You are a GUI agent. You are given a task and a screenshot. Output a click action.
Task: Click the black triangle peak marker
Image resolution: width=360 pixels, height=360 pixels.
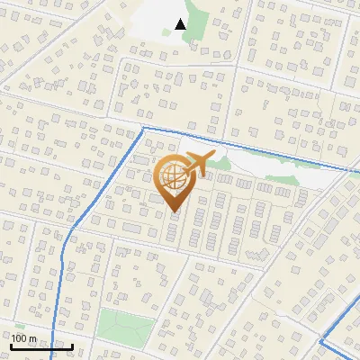click(x=181, y=24)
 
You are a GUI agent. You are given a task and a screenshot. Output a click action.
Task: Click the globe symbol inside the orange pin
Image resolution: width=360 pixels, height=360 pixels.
click(x=174, y=178)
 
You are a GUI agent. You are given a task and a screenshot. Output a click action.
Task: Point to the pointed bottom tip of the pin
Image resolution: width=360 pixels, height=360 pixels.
click(x=175, y=211)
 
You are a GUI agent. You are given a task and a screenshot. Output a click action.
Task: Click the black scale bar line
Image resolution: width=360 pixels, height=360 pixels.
click(x=42, y=346)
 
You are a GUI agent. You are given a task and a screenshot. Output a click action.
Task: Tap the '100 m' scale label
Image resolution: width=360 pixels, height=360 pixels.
click(x=24, y=338)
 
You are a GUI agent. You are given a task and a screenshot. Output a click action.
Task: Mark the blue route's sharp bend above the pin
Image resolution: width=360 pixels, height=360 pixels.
click(x=144, y=129)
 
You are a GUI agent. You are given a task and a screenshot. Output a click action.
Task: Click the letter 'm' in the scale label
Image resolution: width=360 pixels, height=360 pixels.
click(x=32, y=338)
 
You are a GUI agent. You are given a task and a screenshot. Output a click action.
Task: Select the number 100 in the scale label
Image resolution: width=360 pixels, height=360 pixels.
click(x=20, y=338)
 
